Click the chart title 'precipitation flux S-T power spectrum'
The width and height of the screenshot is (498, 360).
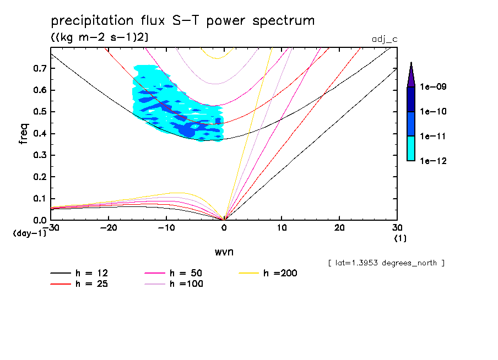click(x=182, y=21)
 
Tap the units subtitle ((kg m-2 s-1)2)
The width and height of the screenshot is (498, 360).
click(x=99, y=37)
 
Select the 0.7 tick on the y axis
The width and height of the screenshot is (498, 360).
click(x=39, y=69)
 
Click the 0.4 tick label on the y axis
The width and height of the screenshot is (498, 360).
click(x=39, y=134)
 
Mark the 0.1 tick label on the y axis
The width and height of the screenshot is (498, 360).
click(x=39, y=199)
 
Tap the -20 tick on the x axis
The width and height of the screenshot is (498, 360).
click(x=109, y=228)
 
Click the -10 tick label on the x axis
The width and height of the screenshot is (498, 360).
click(x=166, y=228)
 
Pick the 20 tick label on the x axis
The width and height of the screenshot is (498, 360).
click(x=339, y=228)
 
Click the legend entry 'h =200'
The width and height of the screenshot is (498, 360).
click(x=280, y=273)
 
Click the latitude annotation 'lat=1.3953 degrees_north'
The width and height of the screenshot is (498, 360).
click(x=386, y=263)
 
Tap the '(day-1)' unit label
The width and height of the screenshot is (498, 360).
click(x=30, y=233)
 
